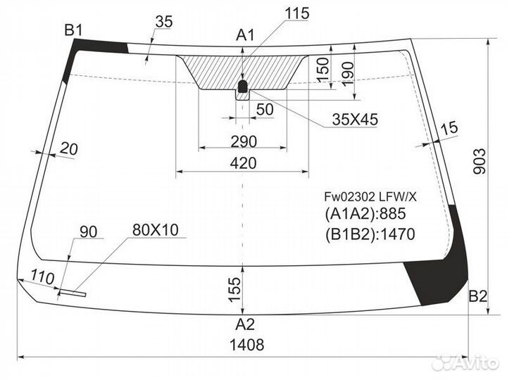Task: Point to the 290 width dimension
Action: tap(244, 140)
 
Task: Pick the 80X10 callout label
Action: tap(156, 229)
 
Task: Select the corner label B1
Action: tap(74, 30)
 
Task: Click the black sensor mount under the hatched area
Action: tap(243, 87)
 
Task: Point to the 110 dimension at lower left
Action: tap(44, 279)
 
